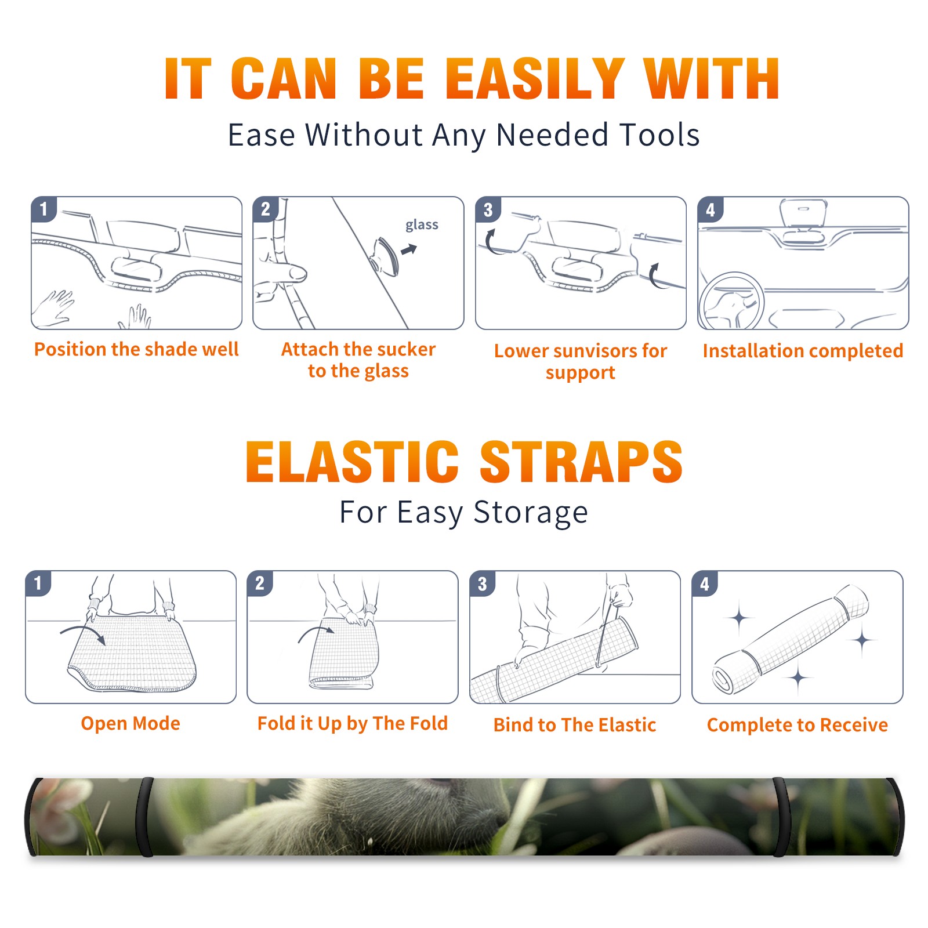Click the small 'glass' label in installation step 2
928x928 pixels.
click(422, 225)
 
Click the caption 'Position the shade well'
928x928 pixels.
click(136, 349)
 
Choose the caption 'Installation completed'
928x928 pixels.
click(803, 351)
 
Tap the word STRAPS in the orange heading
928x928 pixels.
click(581, 462)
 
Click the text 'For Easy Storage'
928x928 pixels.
click(464, 512)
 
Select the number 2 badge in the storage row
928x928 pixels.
click(260, 583)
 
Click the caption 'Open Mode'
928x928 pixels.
click(130, 723)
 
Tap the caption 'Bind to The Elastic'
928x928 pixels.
click(575, 725)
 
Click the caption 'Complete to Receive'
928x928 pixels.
click(797, 725)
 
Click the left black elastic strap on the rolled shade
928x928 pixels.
click(144, 817)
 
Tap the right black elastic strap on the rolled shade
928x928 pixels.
click(781, 817)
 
